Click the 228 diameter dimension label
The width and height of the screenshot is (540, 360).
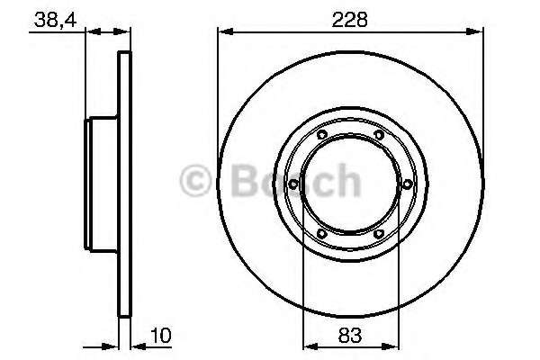[349, 20]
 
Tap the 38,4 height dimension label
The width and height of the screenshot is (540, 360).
[55, 21]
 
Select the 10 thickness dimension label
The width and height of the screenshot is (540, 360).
[160, 335]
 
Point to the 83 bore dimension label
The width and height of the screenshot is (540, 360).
[350, 335]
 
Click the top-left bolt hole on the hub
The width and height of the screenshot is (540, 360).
[322, 135]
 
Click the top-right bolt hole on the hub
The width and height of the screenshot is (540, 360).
[379, 135]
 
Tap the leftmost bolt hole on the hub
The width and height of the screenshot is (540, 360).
[293, 184]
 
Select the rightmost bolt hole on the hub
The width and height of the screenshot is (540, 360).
[408, 184]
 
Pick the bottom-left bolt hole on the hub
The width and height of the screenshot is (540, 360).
[321, 234]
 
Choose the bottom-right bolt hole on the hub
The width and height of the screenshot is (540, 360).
[379, 234]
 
